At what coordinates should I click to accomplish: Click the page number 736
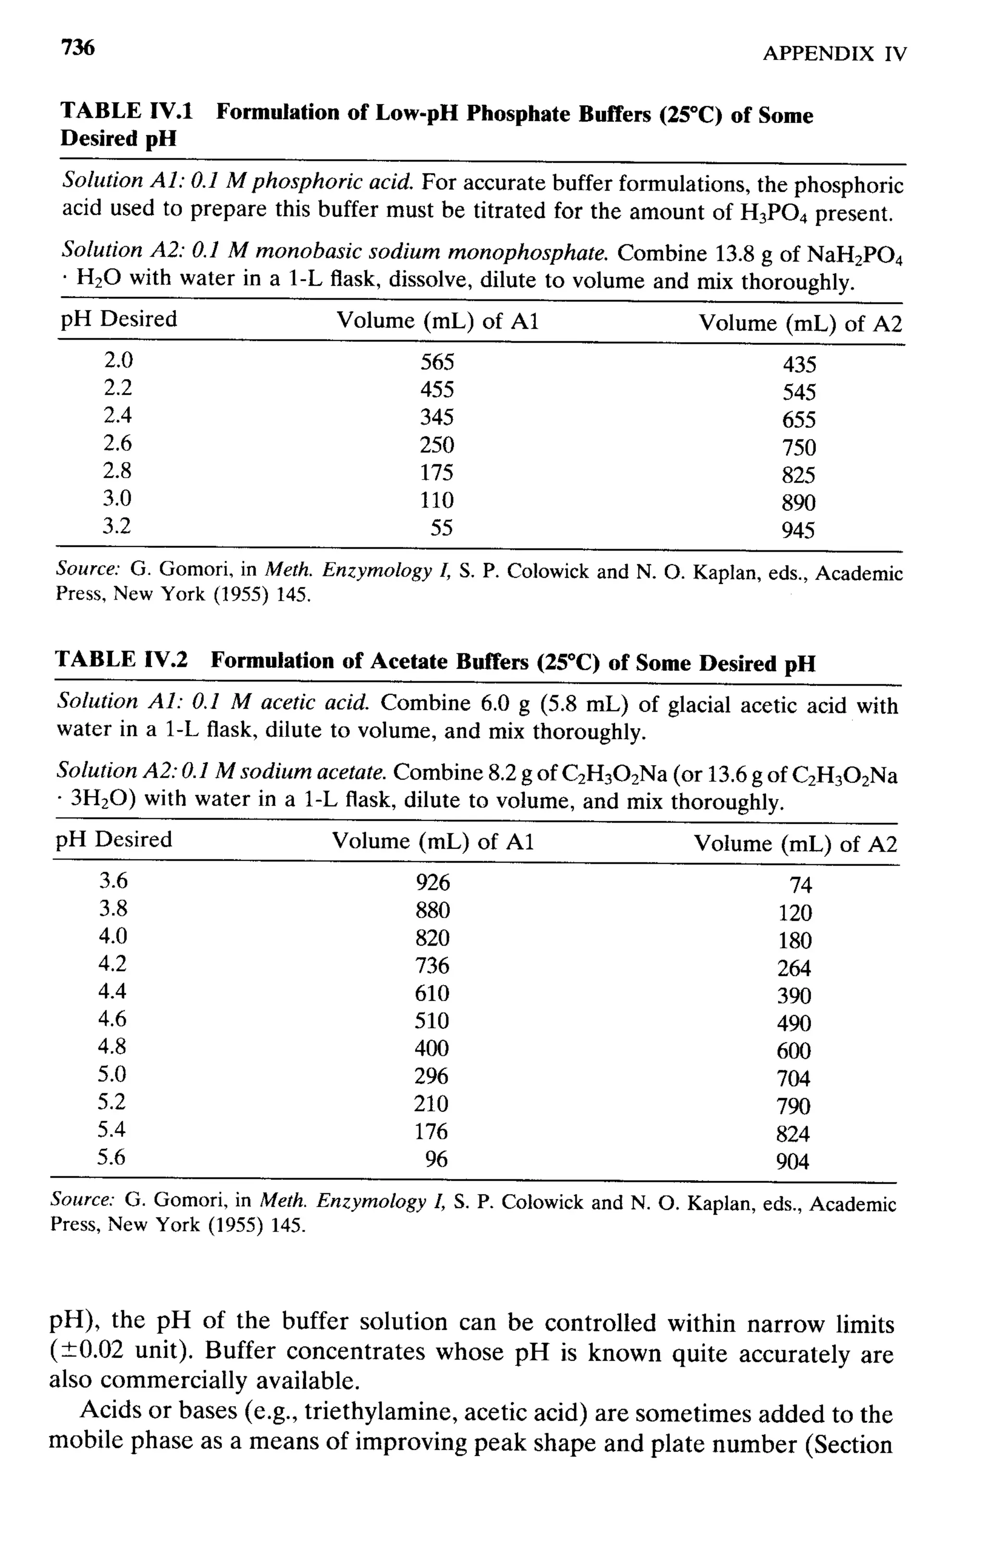78,48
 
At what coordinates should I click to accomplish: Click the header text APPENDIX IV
835,54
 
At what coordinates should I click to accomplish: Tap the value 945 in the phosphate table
798,531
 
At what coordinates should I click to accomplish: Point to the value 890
798,503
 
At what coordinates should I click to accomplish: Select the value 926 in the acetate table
433,883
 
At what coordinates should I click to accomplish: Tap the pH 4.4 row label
112,991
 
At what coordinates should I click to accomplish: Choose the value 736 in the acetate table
432,965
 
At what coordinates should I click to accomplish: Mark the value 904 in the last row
793,1162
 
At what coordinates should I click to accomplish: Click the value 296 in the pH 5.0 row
431,1076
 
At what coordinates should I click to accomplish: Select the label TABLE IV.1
126,111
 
